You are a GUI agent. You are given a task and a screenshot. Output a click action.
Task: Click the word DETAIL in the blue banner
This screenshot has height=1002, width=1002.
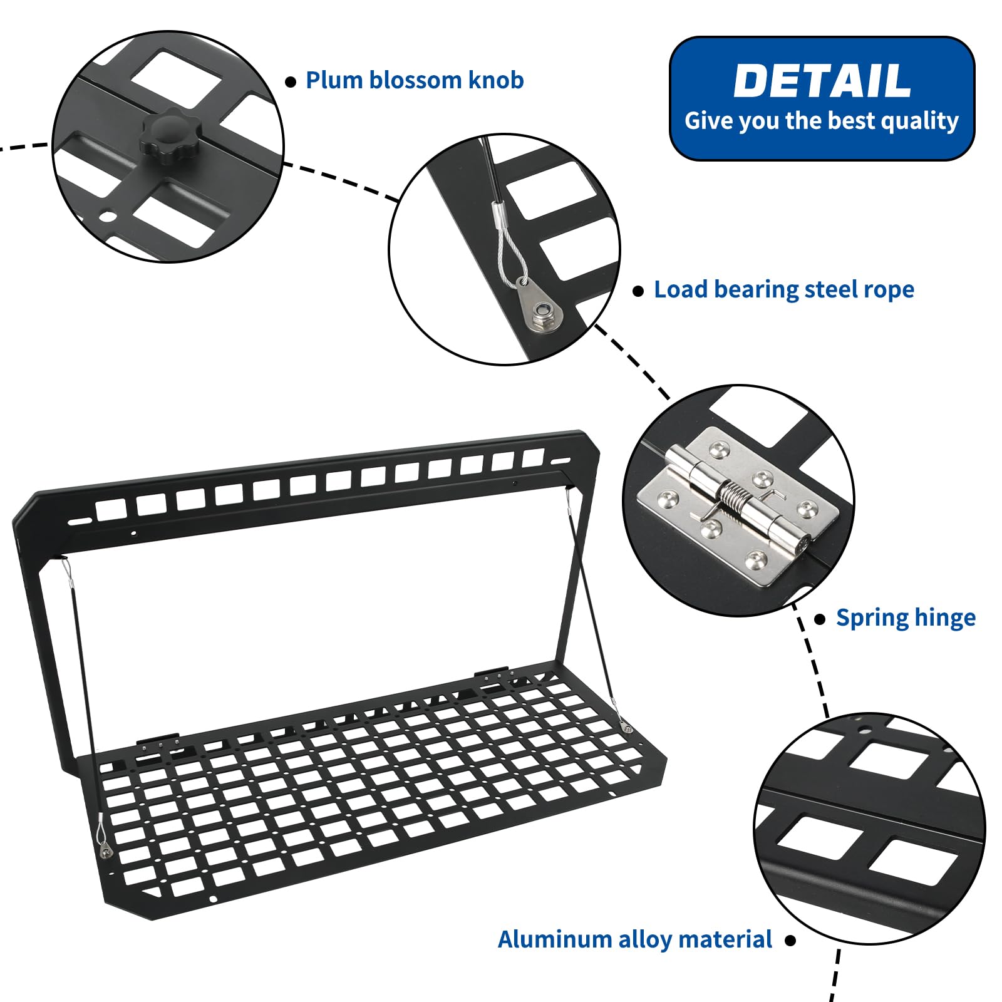(x=822, y=81)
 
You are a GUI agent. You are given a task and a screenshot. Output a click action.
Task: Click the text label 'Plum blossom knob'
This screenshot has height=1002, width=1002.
(x=415, y=80)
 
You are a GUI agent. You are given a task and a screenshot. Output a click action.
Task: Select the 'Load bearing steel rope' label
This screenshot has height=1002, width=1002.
(x=784, y=289)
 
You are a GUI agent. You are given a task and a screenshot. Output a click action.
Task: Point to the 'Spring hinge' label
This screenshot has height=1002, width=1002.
(x=906, y=617)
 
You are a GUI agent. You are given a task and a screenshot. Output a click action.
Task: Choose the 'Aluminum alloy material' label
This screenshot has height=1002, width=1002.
(x=635, y=939)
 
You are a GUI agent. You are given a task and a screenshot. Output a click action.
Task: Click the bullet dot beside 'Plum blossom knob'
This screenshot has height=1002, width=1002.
(x=291, y=82)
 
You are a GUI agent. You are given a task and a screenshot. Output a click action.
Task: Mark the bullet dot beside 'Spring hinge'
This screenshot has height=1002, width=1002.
(x=820, y=619)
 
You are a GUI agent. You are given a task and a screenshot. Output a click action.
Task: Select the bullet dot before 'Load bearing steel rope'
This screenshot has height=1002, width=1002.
(x=638, y=291)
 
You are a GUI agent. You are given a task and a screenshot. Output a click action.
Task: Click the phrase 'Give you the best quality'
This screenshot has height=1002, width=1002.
(x=822, y=121)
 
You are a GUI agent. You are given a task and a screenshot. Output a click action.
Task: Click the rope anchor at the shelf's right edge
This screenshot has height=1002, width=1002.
(x=626, y=727)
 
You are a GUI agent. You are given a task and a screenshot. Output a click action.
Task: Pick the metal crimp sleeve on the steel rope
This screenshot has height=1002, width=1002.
(x=498, y=214)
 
